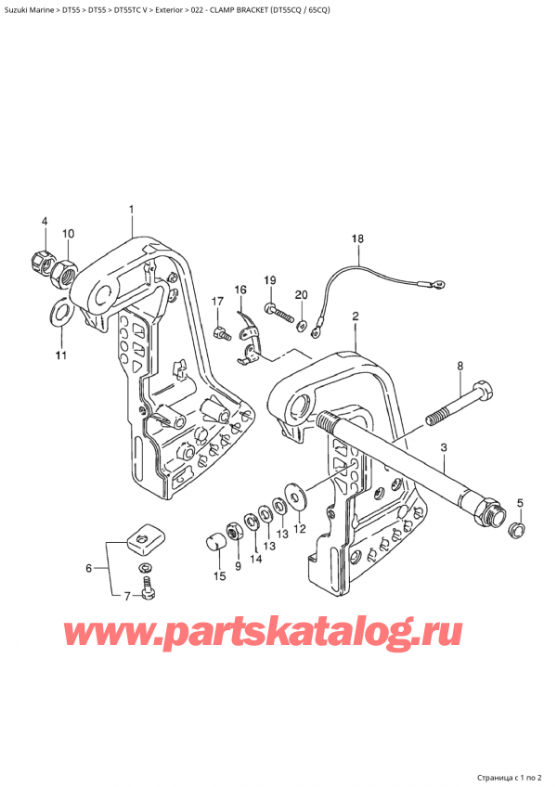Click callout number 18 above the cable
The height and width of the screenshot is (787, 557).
click(357, 239)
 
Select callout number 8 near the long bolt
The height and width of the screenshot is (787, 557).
click(459, 367)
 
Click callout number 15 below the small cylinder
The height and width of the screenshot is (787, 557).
click(220, 576)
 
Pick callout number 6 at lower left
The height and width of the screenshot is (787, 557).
click(89, 568)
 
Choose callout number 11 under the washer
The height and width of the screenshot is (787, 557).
click(60, 355)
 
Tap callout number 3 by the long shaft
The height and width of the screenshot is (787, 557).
click(444, 449)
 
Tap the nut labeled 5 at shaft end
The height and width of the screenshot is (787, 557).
click(518, 530)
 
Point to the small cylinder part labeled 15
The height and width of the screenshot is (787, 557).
click(216, 539)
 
